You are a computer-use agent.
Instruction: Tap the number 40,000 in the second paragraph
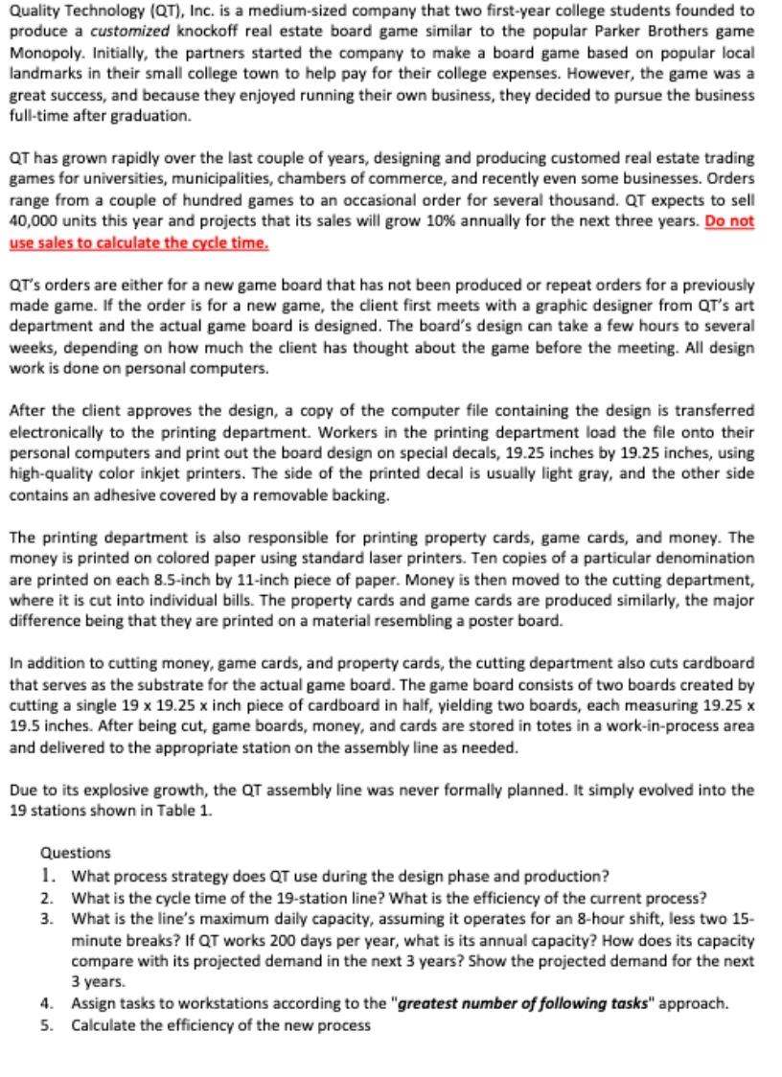(x=34, y=221)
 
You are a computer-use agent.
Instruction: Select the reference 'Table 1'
(x=189, y=810)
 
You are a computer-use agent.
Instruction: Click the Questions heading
(x=76, y=852)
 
